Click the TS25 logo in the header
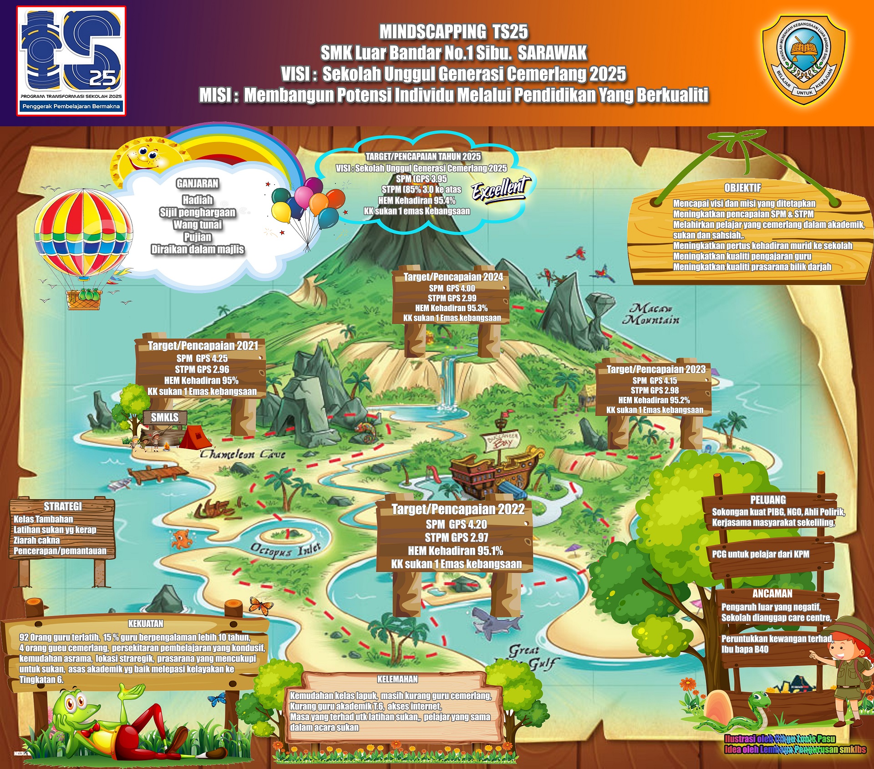(x=71, y=60)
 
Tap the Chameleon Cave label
(x=243, y=454)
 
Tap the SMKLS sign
(x=165, y=417)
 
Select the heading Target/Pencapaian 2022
(x=458, y=509)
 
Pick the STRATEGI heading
(x=63, y=506)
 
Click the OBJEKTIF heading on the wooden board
(x=742, y=187)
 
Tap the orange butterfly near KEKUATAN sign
(x=261, y=606)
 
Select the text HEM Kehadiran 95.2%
(x=654, y=400)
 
